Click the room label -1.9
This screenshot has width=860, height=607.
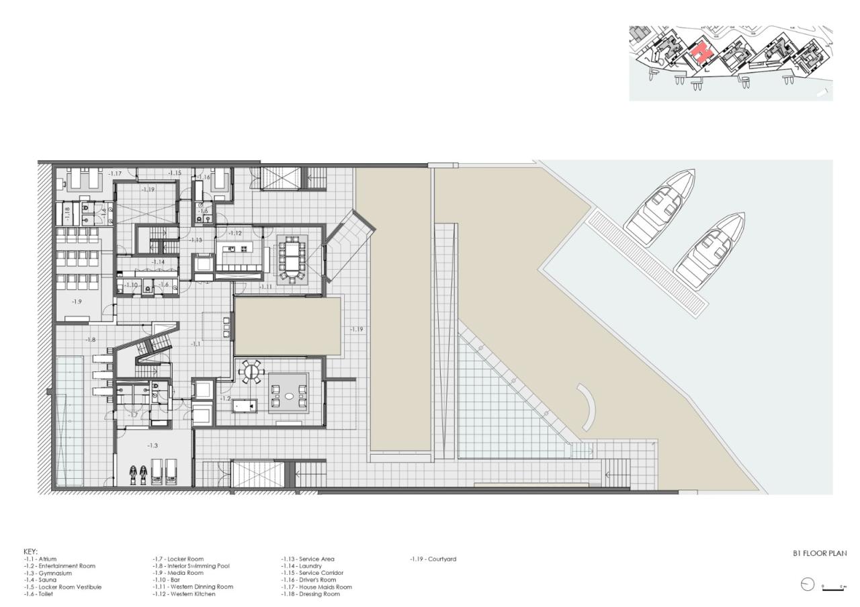(77, 302)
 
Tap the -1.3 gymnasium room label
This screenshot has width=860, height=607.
(153, 446)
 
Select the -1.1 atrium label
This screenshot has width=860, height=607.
(195, 343)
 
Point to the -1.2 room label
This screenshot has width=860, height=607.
(225, 398)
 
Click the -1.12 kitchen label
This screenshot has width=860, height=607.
(235, 233)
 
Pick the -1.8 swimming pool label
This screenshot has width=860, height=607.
(90, 340)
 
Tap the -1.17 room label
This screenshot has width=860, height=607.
(115, 175)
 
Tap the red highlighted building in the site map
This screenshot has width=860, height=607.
(701, 52)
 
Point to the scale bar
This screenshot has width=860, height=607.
(833, 588)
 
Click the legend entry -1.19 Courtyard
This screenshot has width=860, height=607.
(433, 559)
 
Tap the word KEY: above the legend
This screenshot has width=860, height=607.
(31, 551)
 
